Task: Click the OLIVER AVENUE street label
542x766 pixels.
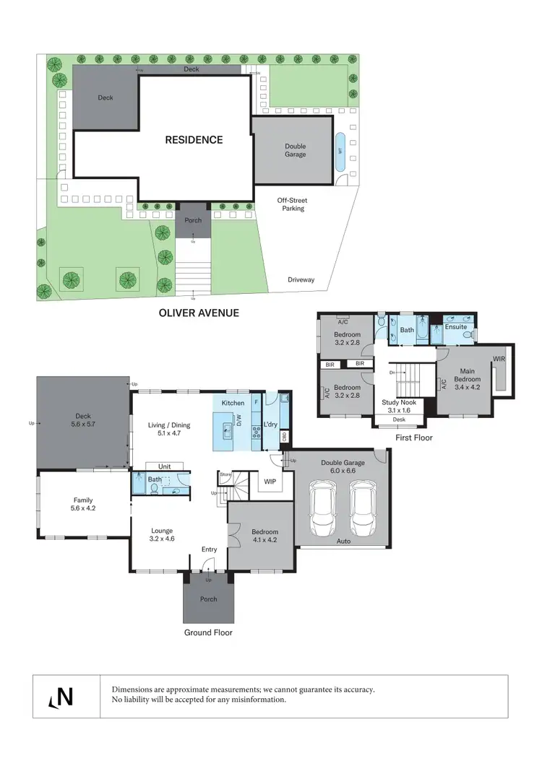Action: (199, 313)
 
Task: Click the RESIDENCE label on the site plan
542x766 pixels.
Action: (194, 140)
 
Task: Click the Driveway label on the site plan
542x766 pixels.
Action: (301, 279)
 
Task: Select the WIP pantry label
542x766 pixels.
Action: (270, 480)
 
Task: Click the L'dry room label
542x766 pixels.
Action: (271, 424)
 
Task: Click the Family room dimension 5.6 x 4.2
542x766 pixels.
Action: (83, 509)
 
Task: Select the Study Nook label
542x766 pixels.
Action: (398, 402)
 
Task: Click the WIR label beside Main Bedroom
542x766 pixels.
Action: (499, 359)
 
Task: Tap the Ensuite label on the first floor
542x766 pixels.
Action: (455, 326)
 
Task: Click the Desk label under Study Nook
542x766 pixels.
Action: (398, 419)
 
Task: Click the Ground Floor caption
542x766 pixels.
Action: (208, 632)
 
